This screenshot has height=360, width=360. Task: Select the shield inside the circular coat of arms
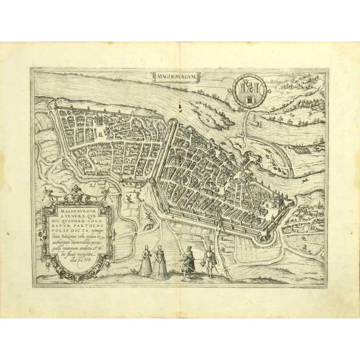pyautogui.click(x=248, y=90)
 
